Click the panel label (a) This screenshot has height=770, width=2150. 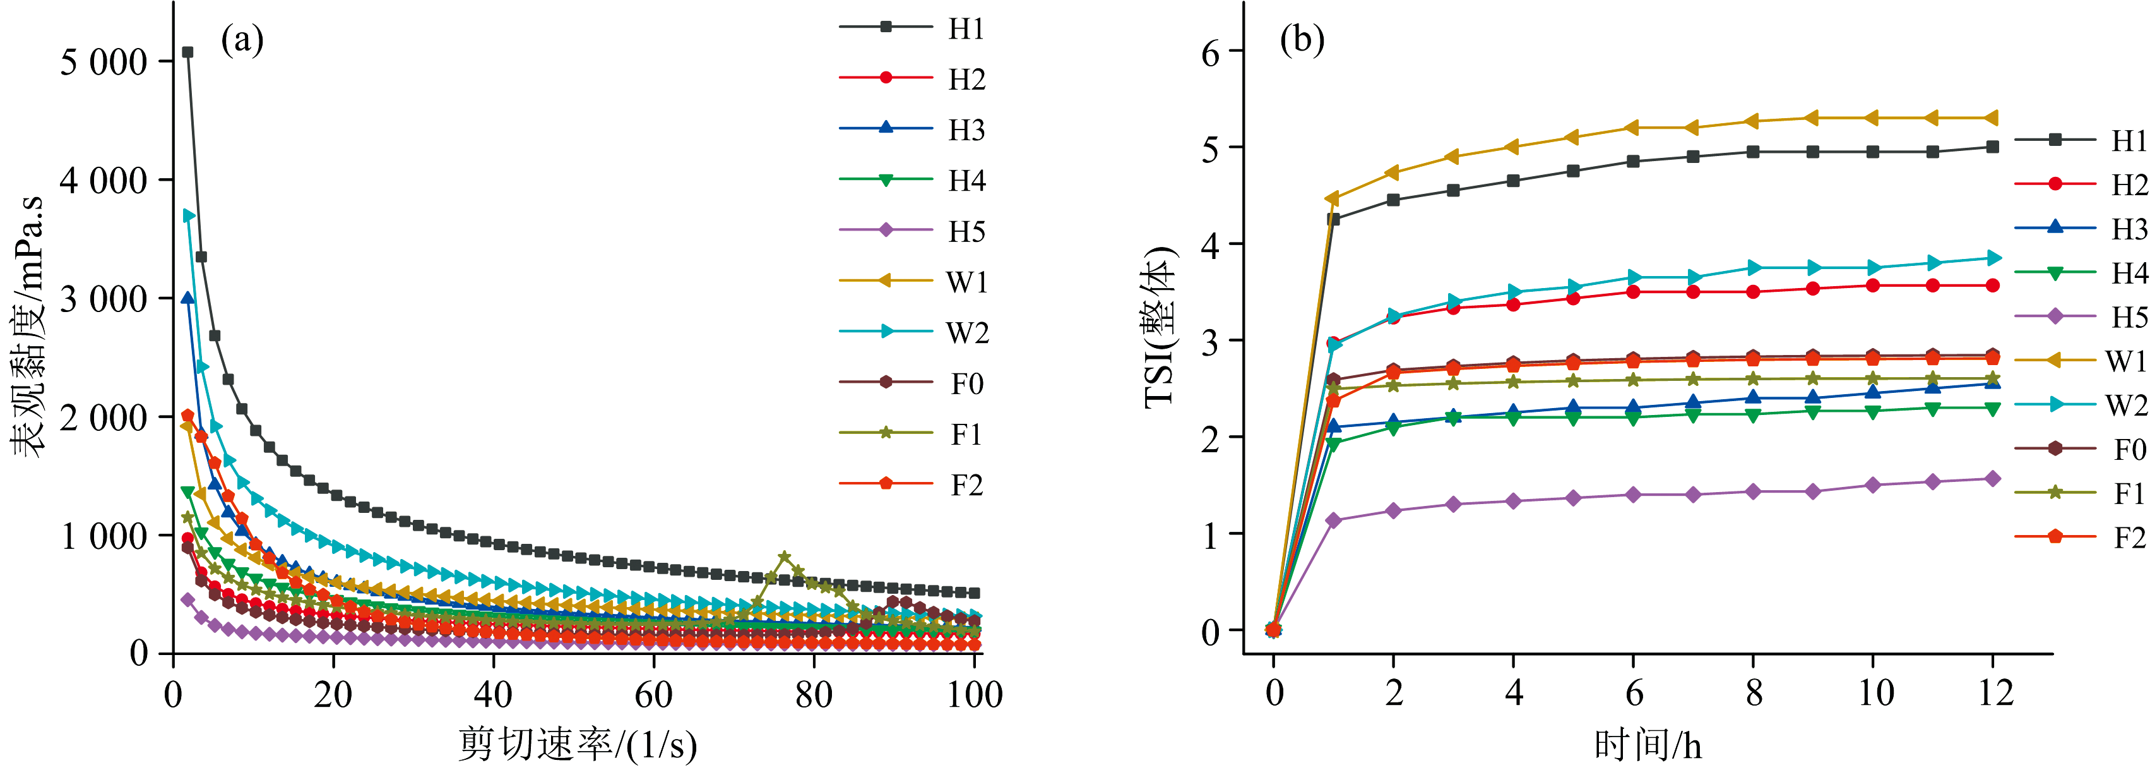242,40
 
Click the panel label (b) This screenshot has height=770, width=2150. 1302,40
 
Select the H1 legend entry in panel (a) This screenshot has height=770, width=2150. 966,28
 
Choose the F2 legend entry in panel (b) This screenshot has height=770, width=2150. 2129,537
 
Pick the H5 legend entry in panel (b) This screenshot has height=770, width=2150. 2129,316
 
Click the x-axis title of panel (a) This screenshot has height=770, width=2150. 577,744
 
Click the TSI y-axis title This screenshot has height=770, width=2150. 1160,327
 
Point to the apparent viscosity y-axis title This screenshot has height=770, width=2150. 28,327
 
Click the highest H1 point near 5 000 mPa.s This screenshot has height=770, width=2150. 187,52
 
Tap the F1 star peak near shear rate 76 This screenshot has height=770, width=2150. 784,556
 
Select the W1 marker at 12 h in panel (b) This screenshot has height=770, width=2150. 1992,117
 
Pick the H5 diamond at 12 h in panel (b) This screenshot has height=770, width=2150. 1992,479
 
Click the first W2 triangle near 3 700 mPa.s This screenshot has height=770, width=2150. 189,215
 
